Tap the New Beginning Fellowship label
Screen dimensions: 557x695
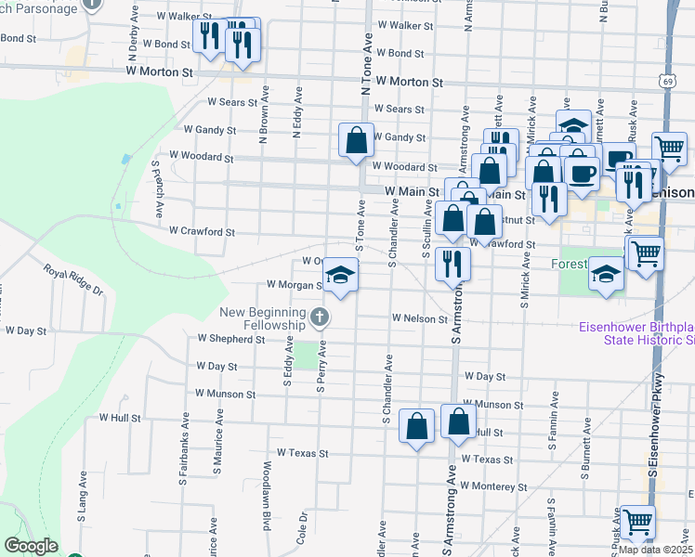(263, 318)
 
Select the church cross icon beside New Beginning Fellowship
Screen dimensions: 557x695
(320, 318)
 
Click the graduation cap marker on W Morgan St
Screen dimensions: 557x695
(341, 275)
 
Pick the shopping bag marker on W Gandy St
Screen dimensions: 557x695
(356, 141)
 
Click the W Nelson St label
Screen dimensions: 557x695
(420, 317)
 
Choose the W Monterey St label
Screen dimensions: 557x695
(494, 486)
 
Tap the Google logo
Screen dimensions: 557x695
(31, 546)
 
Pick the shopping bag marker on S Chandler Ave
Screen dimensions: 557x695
(417, 427)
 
